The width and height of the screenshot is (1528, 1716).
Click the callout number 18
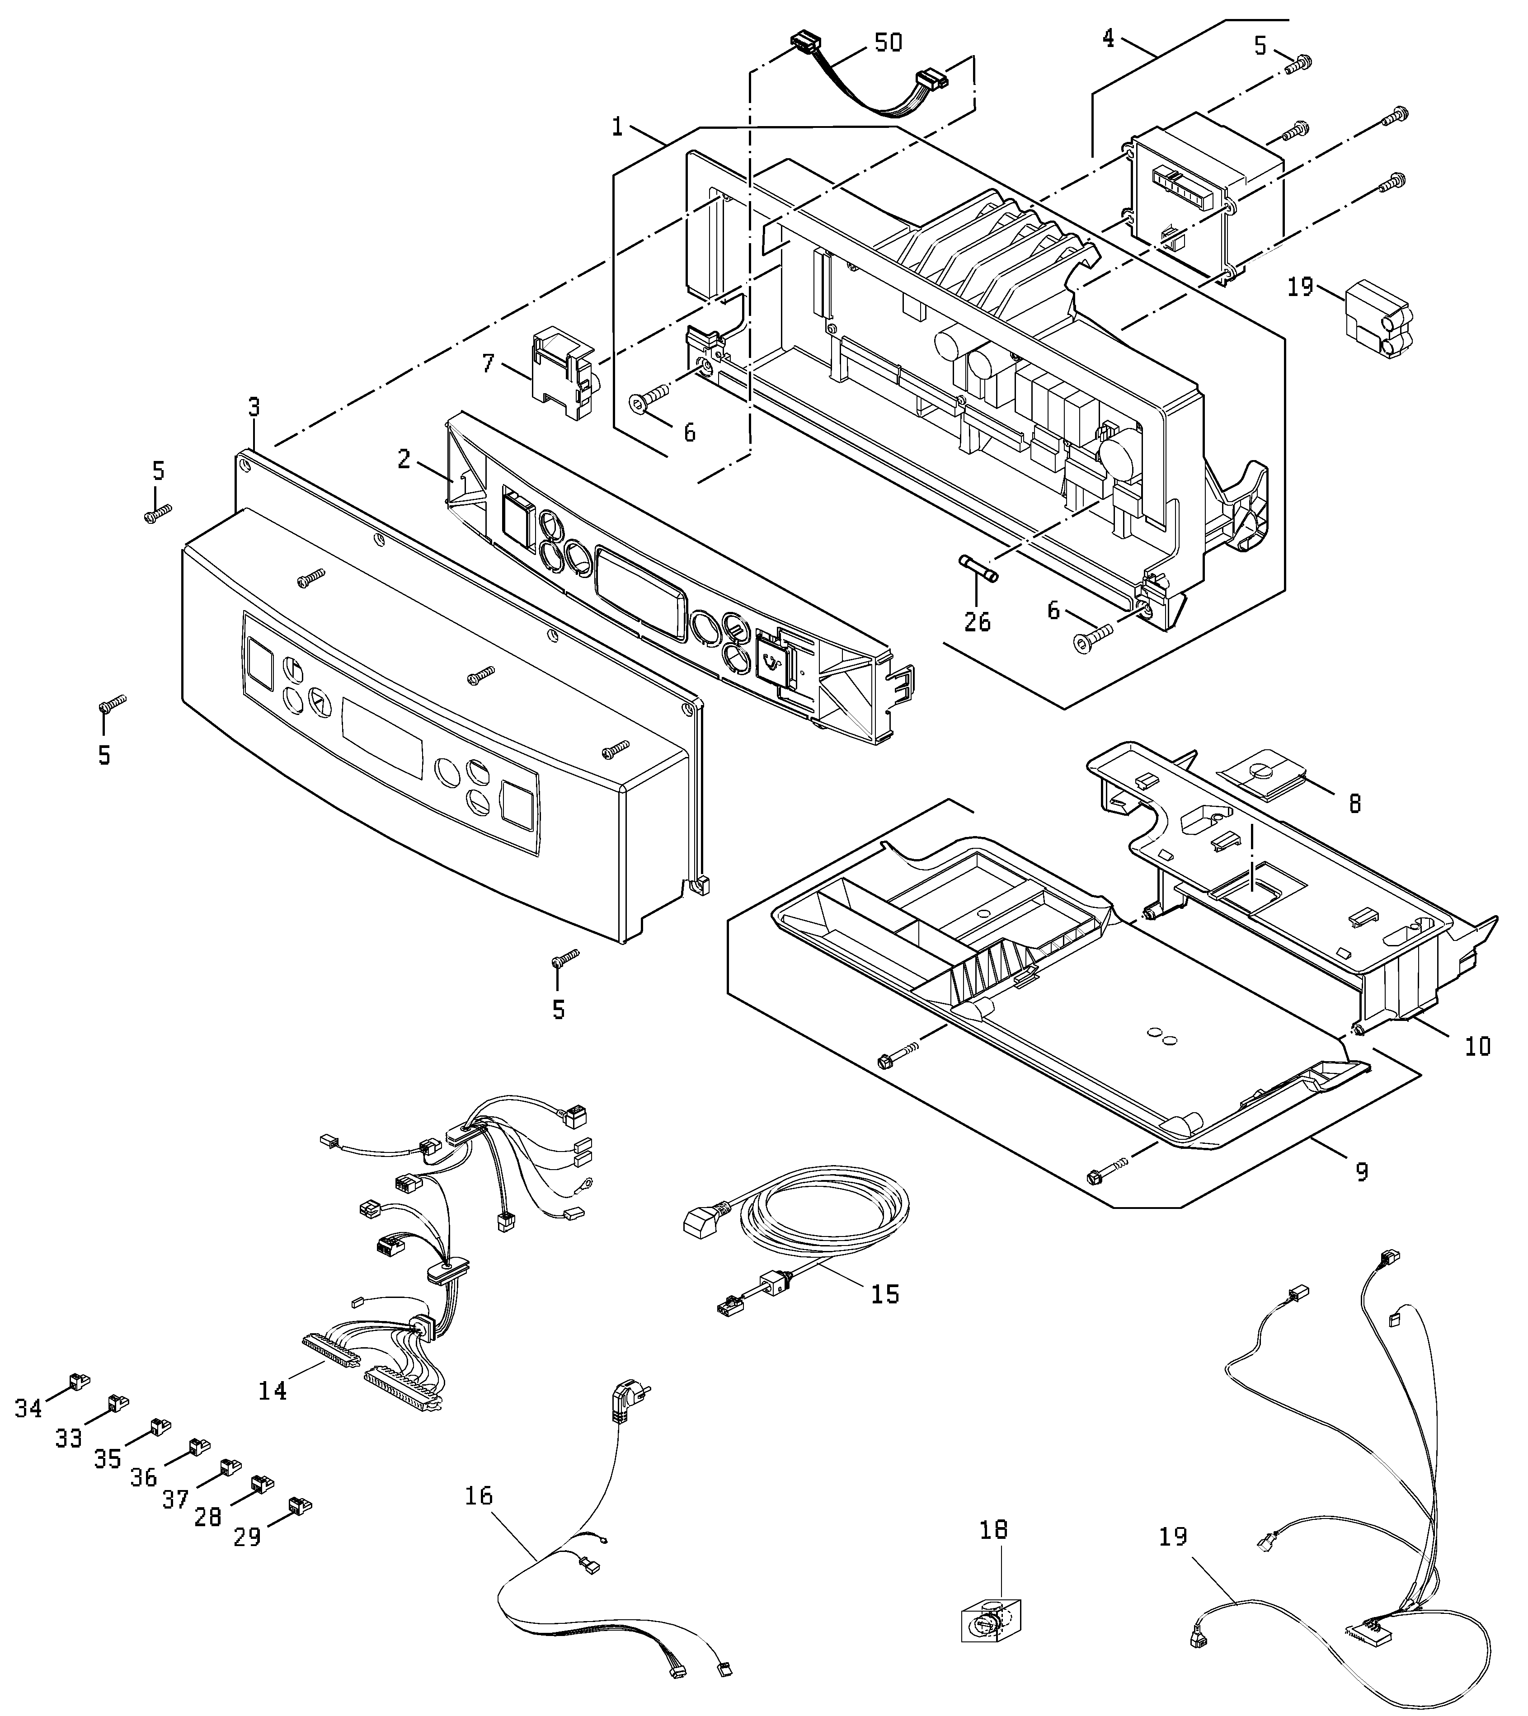(994, 1530)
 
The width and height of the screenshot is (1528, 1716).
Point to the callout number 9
(1362, 1171)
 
